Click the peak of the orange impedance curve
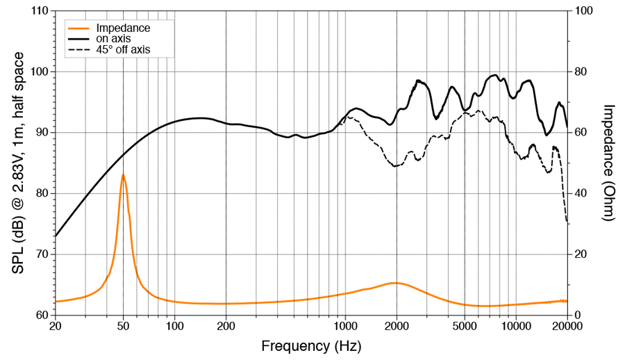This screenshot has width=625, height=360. [123, 174]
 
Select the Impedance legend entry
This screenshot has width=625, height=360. [124, 28]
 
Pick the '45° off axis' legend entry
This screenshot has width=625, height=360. [124, 49]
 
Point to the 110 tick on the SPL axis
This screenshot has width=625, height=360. [37, 12]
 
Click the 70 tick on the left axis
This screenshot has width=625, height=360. [40, 254]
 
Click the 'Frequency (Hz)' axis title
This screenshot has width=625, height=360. [311, 345]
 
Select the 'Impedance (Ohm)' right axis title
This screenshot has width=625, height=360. [608, 163]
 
